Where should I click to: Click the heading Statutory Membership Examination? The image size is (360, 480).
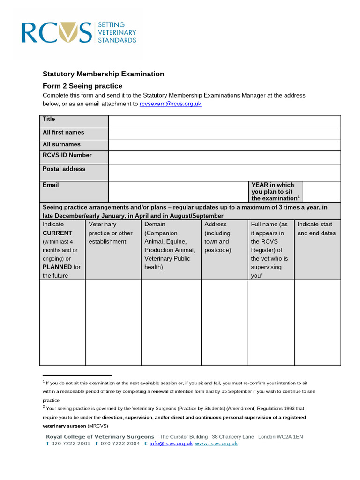tap(104, 74)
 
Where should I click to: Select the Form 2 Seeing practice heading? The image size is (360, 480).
tap(82, 86)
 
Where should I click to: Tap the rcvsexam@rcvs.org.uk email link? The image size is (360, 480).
tap(170, 104)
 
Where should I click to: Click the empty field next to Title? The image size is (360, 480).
tap(224, 121)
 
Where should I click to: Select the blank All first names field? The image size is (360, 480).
tap(224, 134)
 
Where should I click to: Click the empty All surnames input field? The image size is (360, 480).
tap(224, 145)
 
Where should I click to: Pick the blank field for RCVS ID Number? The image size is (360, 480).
tap(224, 157)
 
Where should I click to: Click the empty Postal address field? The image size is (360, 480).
tap(224, 172)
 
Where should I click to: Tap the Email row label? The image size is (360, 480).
tap(51, 185)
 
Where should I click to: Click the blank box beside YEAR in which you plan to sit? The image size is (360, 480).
tap(322, 192)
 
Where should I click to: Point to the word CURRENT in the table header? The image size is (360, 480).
tap(58, 233)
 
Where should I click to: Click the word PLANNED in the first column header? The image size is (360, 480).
tap(57, 267)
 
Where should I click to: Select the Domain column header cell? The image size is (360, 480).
tap(171, 246)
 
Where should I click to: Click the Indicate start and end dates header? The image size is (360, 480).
tap(317, 229)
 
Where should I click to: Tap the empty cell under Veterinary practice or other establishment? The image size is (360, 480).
tap(113, 322)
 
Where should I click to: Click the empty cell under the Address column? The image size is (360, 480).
tap(224, 322)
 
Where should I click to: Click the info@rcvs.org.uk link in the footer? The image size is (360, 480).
tap(171, 443)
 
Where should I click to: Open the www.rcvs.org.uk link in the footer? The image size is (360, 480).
tap(216, 443)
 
